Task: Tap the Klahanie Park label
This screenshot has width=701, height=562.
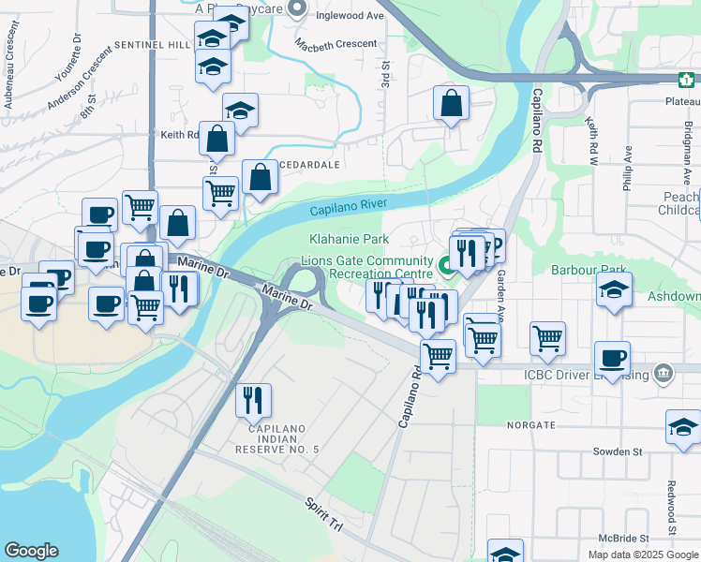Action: (x=349, y=240)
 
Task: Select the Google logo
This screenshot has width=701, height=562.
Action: (x=31, y=551)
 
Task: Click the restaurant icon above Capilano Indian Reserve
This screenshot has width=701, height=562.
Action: (x=253, y=400)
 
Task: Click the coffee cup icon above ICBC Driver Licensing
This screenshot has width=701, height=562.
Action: (x=612, y=357)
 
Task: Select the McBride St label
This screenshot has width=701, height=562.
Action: (x=624, y=539)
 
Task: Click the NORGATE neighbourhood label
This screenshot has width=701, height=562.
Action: (x=531, y=424)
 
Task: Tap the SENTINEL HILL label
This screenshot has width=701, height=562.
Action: (x=153, y=45)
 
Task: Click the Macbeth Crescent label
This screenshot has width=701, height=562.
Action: (x=336, y=44)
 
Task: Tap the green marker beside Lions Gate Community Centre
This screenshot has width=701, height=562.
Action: (x=448, y=266)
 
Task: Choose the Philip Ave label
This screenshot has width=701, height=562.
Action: (x=628, y=168)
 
